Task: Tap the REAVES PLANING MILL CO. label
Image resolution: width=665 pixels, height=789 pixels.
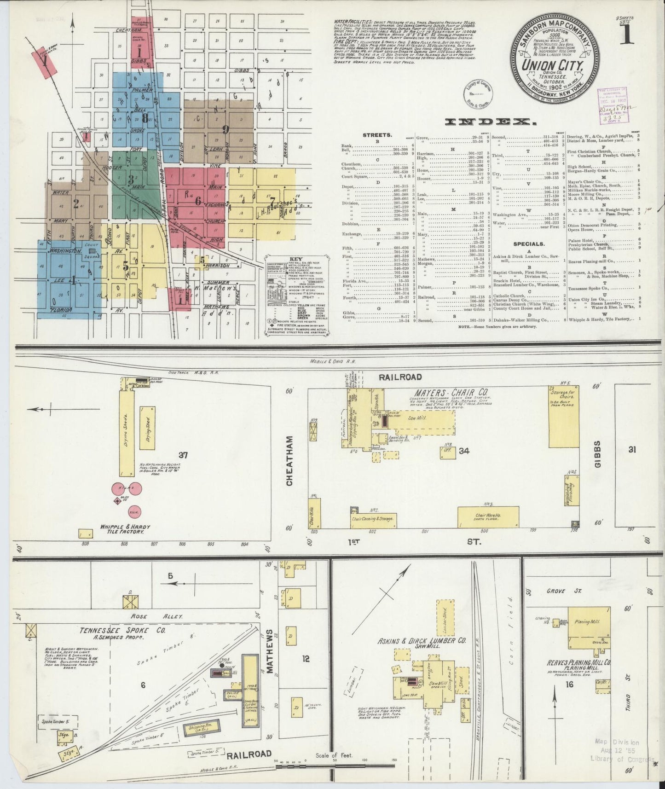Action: pos(578,663)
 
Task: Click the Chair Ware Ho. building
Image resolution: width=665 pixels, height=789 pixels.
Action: pos(486,517)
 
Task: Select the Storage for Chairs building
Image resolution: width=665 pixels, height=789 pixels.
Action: pos(563,416)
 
